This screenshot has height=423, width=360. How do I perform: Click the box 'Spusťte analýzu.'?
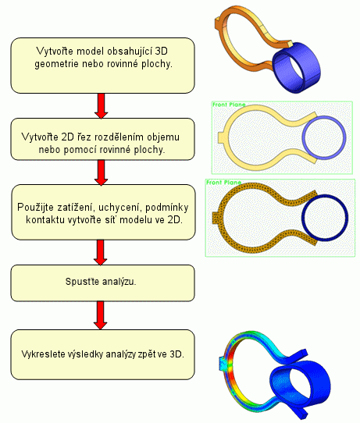[102, 283]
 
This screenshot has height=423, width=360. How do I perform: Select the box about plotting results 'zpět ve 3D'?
[102, 354]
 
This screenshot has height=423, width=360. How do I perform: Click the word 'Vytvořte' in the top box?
[54, 52]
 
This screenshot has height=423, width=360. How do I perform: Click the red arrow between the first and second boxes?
[102, 106]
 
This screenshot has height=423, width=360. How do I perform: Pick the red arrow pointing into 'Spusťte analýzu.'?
[101, 253]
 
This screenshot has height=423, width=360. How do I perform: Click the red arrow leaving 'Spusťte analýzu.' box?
[101, 315]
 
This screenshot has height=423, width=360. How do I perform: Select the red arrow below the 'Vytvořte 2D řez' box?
[102, 172]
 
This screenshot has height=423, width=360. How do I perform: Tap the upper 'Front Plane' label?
[229, 105]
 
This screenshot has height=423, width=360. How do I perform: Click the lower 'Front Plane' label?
[223, 183]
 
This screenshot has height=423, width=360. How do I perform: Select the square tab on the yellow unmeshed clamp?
[222, 137]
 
